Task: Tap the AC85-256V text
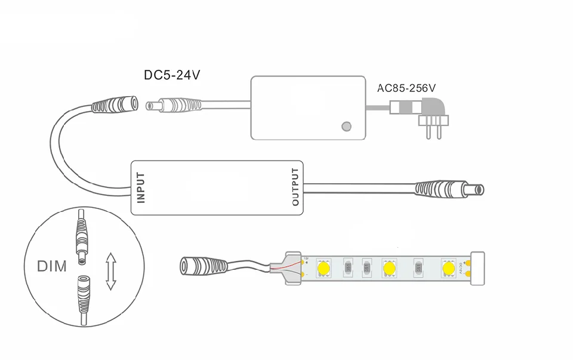point(406,88)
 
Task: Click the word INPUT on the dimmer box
point(141,187)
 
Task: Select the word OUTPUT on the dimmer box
point(295,187)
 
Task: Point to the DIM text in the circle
point(52,266)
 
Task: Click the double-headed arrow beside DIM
point(110,271)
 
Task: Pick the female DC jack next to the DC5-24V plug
point(115,106)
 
